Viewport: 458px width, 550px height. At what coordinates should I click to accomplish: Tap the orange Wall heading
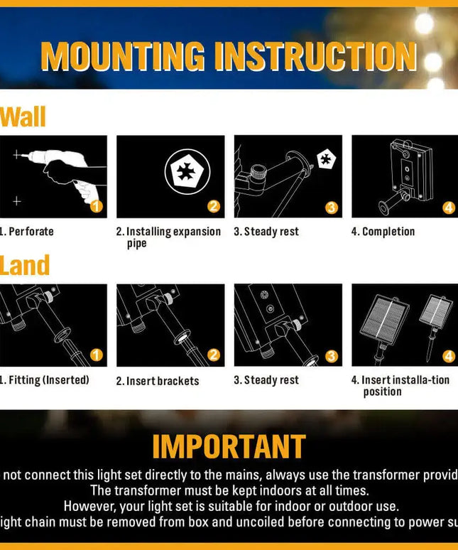[23, 117]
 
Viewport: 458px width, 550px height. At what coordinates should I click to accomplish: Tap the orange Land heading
[25, 266]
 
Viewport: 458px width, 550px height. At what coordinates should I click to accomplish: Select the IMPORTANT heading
[229, 447]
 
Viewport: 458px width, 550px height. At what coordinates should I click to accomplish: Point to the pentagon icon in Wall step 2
[187, 173]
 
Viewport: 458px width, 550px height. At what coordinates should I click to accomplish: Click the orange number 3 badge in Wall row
[332, 207]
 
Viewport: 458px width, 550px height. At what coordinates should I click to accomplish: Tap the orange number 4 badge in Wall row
[449, 207]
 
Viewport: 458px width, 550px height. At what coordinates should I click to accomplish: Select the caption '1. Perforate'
[27, 232]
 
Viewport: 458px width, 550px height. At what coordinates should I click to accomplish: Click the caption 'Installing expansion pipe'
[169, 237]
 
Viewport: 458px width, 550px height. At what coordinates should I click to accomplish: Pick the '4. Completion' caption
[383, 232]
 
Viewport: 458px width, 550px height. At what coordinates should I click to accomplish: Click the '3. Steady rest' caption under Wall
[266, 232]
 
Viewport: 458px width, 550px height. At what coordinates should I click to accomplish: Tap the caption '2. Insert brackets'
[158, 381]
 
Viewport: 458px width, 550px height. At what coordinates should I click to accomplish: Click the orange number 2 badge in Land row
[214, 355]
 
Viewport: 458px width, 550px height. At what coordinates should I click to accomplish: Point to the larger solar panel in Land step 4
[384, 319]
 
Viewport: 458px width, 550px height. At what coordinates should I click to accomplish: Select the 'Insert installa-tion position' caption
[400, 386]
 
